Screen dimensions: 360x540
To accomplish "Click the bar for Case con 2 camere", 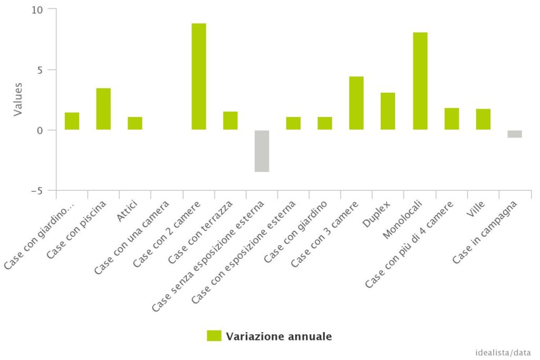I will pyautogui.click(x=199, y=76).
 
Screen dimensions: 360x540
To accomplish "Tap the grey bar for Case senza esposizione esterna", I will pyautogui.click(x=262, y=151).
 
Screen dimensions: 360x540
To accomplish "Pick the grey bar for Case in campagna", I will pyautogui.click(x=515, y=134).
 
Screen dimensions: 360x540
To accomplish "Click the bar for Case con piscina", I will pyautogui.click(x=103, y=109).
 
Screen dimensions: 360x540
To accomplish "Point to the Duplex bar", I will pyautogui.click(x=388, y=111).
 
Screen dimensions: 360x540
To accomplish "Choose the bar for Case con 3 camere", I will pyautogui.click(x=356, y=103).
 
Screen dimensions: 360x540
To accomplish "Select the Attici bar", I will pyautogui.click(x=135, y=123).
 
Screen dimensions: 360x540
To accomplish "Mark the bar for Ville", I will pyautogui.click(x=483, y=119).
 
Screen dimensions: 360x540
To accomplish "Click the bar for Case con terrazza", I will pyautogui.click(x=230, y=120).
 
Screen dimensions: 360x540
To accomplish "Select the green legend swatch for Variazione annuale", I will pyautogui.click(x=214, y=336).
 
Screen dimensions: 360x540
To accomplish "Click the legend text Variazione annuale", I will pyautogui.click(x=279, y=336).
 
